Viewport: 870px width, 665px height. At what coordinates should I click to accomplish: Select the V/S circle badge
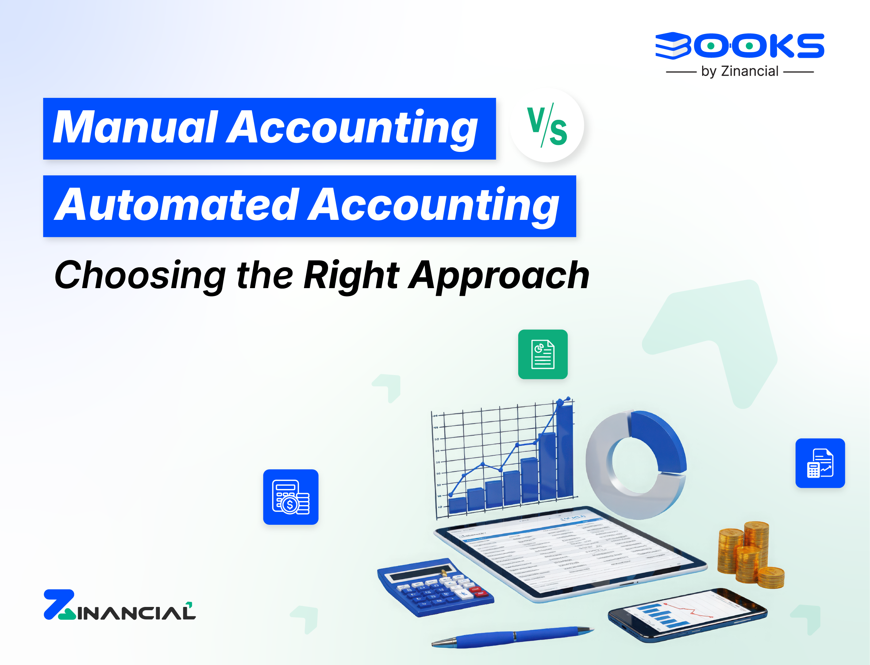coord(547,126)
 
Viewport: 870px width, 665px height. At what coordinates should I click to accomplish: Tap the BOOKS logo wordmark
coord(739,46)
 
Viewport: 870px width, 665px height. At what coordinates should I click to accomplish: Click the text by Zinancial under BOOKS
coord(739,72)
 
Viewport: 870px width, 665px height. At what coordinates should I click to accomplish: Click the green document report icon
coord(543,354)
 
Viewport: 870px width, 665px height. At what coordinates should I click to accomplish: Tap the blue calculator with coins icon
coord(290,497)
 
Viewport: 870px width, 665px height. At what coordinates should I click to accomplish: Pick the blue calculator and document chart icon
coord(820,463)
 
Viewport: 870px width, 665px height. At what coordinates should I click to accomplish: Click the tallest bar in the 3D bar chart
coord(564,451)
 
